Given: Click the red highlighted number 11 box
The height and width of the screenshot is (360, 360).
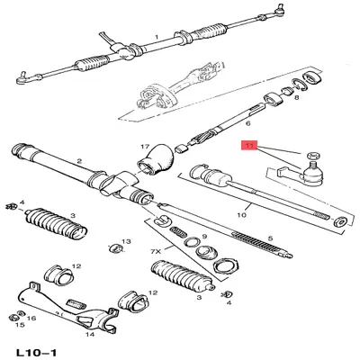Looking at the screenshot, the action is point(249,146).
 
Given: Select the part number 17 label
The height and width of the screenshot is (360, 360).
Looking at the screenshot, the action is point(145,147).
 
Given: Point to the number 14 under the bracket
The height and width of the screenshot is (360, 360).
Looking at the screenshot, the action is point(90,334).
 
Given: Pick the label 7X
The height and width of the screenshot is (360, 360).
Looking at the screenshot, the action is point(156,252).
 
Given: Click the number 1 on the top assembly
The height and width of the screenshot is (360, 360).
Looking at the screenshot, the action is point(157,37).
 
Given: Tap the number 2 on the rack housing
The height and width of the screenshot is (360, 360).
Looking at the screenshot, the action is point(79,161).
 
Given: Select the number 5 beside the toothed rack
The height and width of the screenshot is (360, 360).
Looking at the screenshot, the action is point(270,238).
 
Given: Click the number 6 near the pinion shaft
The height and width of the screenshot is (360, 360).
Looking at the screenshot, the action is point(247,123).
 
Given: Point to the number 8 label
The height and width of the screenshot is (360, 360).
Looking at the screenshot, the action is point(296,98).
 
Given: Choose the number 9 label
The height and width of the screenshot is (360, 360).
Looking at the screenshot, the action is point(204,237).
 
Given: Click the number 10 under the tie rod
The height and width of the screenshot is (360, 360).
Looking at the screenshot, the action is point(242,215).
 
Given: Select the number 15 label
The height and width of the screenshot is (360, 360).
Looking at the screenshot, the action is point(20,325).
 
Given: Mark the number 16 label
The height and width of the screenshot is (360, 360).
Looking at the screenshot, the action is point(31,318).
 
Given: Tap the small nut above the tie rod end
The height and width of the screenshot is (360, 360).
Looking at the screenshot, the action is point(313,156).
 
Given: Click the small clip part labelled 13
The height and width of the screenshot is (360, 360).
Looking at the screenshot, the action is point(115,248).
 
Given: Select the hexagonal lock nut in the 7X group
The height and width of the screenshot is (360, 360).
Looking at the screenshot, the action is point(227,265).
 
